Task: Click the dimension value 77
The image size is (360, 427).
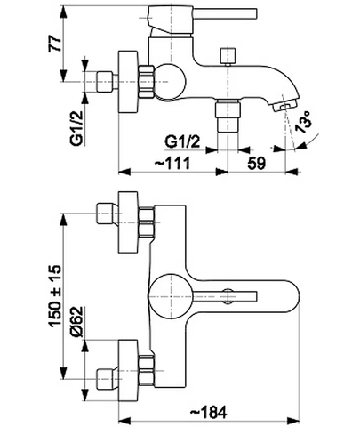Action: (x=54, y=44)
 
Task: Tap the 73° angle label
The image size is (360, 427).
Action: (x=304, y=122)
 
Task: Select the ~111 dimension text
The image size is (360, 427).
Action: (x=172, y=163)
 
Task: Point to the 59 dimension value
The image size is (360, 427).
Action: (x=257, y=163)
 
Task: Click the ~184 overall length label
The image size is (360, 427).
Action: (x=208, y=412)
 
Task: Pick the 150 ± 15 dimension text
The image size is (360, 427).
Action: (x=55, y=296)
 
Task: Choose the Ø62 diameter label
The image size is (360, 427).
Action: (x=76, y=321)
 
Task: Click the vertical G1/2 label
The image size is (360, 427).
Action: (x=77, y=127)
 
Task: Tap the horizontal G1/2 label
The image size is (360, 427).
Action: (x=182, y=141)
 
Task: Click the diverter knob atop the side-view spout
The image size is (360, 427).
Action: (x=228, y=56)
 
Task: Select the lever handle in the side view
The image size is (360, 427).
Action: (x=203, y=18)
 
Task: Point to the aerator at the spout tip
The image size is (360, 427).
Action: (x=283, y=106)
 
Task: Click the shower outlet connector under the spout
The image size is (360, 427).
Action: (x=228, y=117)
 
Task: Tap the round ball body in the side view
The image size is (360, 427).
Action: (x=170, y=81)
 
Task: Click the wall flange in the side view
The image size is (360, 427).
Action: (x=128, y=82)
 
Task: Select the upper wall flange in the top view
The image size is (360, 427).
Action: (x=128, y=222)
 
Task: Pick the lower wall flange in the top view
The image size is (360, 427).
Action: (x=128, y=371)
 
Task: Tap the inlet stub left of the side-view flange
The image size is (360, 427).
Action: (x=105, y=81)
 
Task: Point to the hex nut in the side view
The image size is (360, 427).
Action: (x=146, y=82)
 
